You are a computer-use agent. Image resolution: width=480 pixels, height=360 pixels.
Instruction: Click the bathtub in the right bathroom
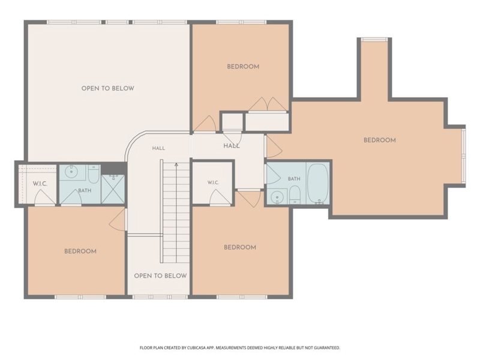[318, 183]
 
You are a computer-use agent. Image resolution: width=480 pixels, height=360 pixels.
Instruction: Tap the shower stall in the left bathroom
[113, 189]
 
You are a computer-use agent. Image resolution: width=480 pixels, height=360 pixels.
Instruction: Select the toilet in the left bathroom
[94, 174]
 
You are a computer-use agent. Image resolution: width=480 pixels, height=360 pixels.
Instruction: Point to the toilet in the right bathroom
[295, 195]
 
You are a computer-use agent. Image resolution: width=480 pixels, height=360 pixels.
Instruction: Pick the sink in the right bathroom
[277, 197]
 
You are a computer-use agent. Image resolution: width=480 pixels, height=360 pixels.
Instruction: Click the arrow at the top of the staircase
[176, 164]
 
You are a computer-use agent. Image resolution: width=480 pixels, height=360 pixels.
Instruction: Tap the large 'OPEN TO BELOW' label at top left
[108, 88]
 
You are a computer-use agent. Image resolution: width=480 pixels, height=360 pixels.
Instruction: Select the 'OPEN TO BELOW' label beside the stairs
[160, 276]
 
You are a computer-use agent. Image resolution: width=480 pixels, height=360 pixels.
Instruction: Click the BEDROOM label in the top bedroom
[243, 67]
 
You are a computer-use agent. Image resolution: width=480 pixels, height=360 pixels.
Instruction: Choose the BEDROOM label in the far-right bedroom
[380, 140]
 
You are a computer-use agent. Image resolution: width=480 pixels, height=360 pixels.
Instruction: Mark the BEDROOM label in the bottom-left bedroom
[80, 251]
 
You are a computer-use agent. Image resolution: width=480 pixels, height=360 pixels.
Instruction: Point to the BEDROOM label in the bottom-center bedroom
[240, 247]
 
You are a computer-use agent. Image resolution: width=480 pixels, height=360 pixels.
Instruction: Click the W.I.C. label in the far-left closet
[40, 184]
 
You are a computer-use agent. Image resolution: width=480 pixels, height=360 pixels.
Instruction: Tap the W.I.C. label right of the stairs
[213, 183]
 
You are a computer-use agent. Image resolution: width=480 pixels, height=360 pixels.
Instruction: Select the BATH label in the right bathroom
[294, 179]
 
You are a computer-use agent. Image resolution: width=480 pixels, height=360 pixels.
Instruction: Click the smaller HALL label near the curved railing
[158, 148]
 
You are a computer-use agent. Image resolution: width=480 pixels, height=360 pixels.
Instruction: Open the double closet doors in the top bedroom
[268, 104]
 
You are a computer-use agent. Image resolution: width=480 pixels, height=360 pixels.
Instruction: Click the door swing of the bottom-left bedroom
[118, 220]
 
